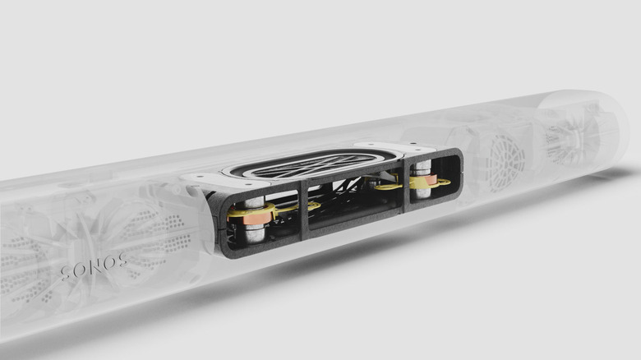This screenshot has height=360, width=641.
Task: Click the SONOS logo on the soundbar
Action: point(94,267)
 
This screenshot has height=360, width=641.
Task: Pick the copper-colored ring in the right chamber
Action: point(423,182)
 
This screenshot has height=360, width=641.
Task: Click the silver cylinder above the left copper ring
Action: point(252,202)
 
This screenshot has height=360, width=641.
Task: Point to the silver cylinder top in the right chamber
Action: point(422,167)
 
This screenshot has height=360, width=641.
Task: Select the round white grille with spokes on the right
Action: point(504,160)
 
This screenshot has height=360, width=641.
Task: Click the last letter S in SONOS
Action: point(122,261)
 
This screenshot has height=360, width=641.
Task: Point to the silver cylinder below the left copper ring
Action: point(255,233)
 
